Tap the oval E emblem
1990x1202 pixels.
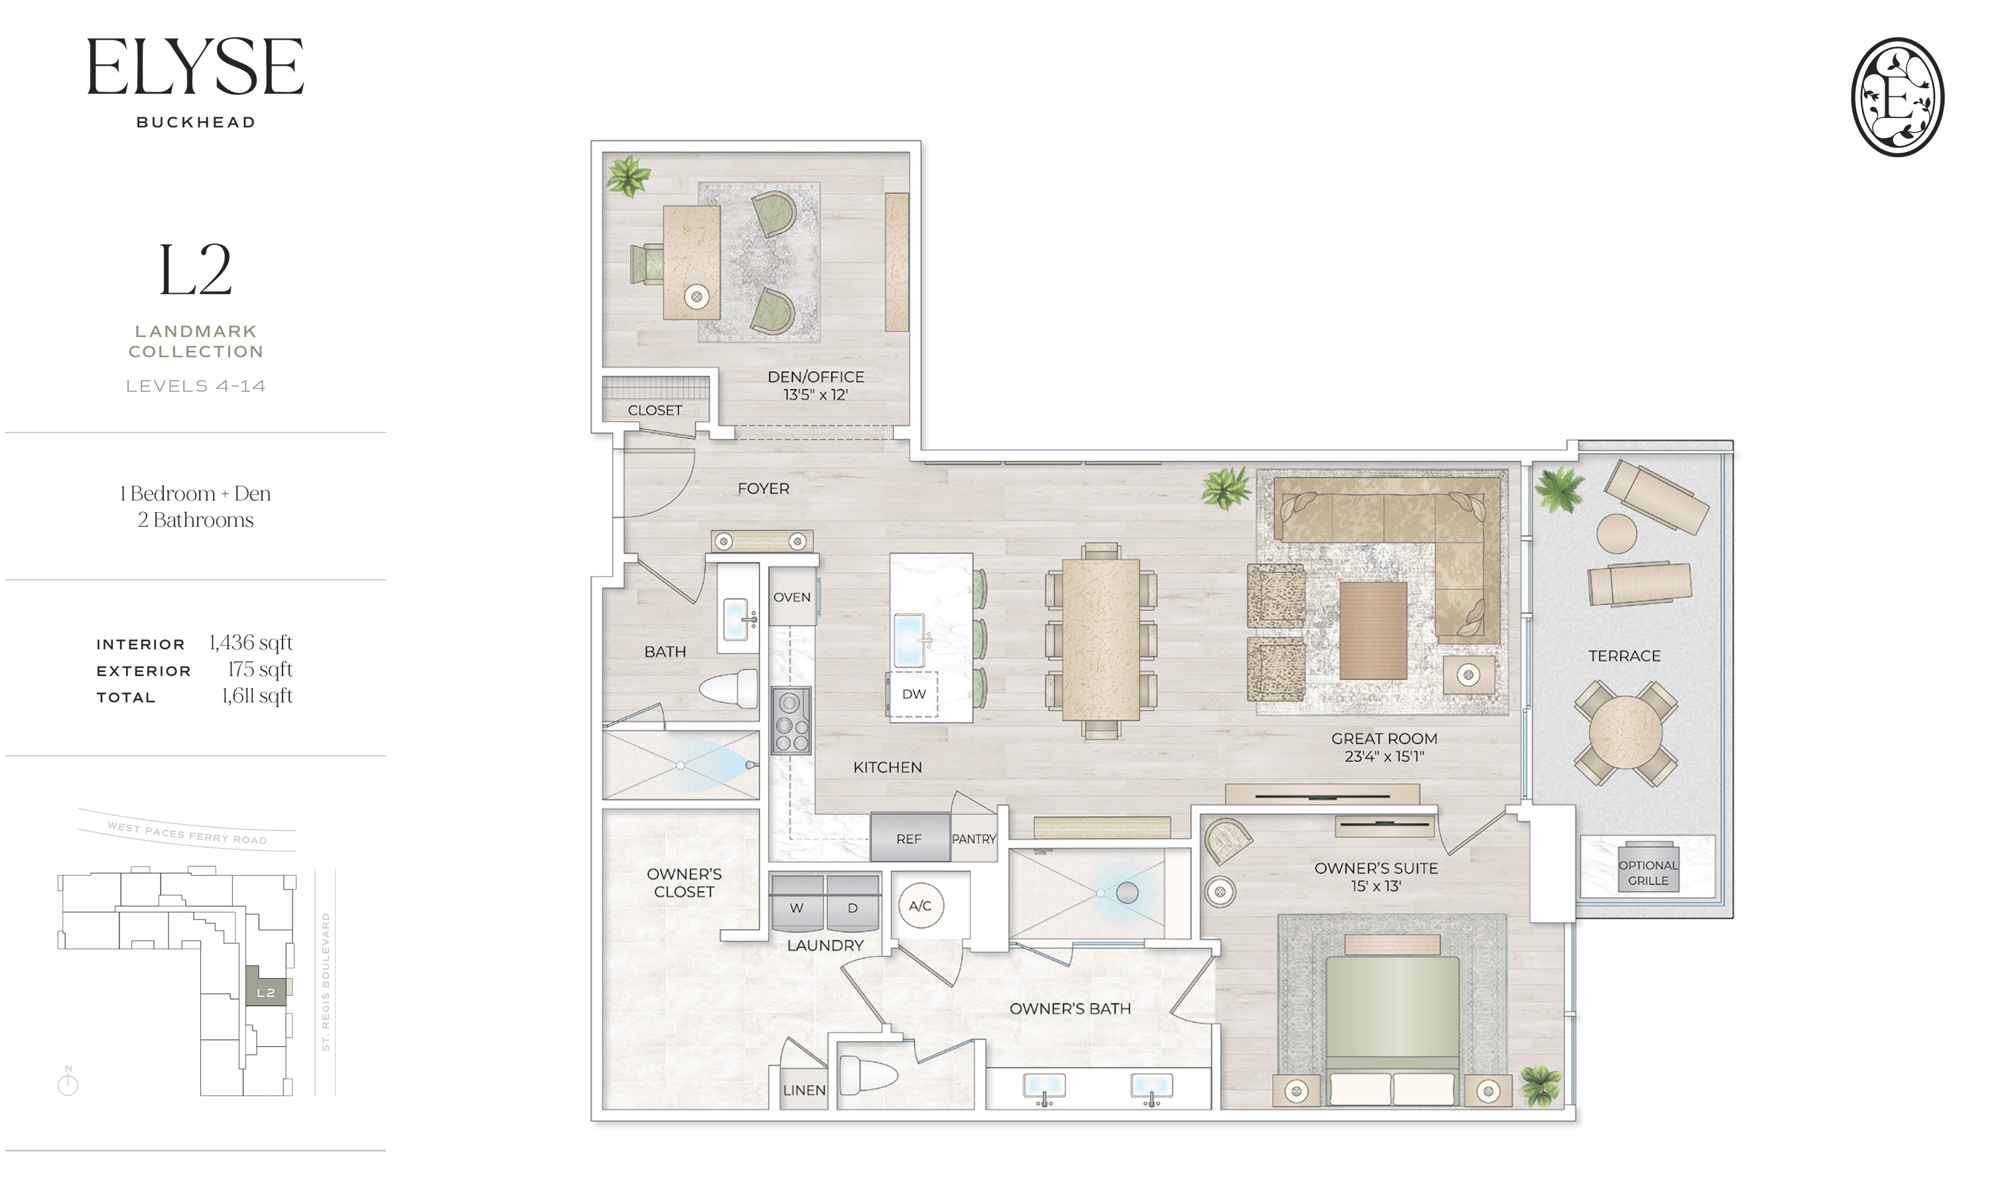pyautogui.click(x=1897, y=96)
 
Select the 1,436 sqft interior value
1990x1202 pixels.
pyautogui.click(x=250, y=643)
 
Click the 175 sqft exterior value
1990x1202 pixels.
pyautogui.click(x=259, y=670)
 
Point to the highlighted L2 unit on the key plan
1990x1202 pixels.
pyautogui.click(x=265, y=986)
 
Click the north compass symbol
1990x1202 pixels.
pyautogui.click(x=68, y=1083)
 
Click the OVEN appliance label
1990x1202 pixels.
pyautogui.click(x=791, y=598)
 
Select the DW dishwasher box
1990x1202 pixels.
pyautogui.click(x=913, y=694)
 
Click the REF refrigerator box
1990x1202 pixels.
pyautogui.click(x=909, y=839)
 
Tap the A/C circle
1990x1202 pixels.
pyautogui.click(x=920, y=906)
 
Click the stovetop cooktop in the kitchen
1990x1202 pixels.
pyautogui.click(x=790, y=721)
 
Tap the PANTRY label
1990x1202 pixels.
pyautogui.click(x=973, y=839)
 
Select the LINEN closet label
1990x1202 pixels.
pyautogui.click(x=803, y=1091)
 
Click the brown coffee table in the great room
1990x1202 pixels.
pyautogui.click(x=1372, y=631)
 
